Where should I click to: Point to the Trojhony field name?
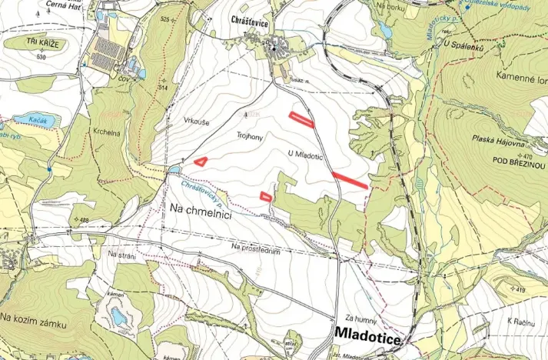(250, 134)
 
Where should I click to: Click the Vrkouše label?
(198, 122)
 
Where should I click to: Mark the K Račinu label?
(520, 319)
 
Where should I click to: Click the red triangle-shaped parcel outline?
(201, 162)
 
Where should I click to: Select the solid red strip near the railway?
(350, 180)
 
